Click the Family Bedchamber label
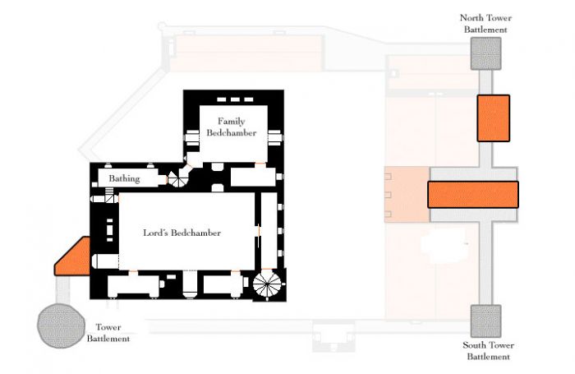[231, 127]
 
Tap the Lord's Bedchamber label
[182, 233]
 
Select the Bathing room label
[124, 178]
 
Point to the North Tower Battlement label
[485, 24]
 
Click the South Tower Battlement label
[488, 350]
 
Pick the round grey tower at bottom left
[61, 326]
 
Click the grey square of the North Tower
[486, 53]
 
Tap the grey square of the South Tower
[486, 321]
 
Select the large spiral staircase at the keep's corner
[267, 284]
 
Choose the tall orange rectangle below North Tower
[493, 118]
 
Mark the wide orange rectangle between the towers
[473, 195]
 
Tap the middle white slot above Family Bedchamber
[235, 99]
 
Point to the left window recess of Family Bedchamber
[191, 137]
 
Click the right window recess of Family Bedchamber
[275, 137]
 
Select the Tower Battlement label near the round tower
[108, 333]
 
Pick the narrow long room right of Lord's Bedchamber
[269, 230]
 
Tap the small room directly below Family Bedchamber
[253, 177]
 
